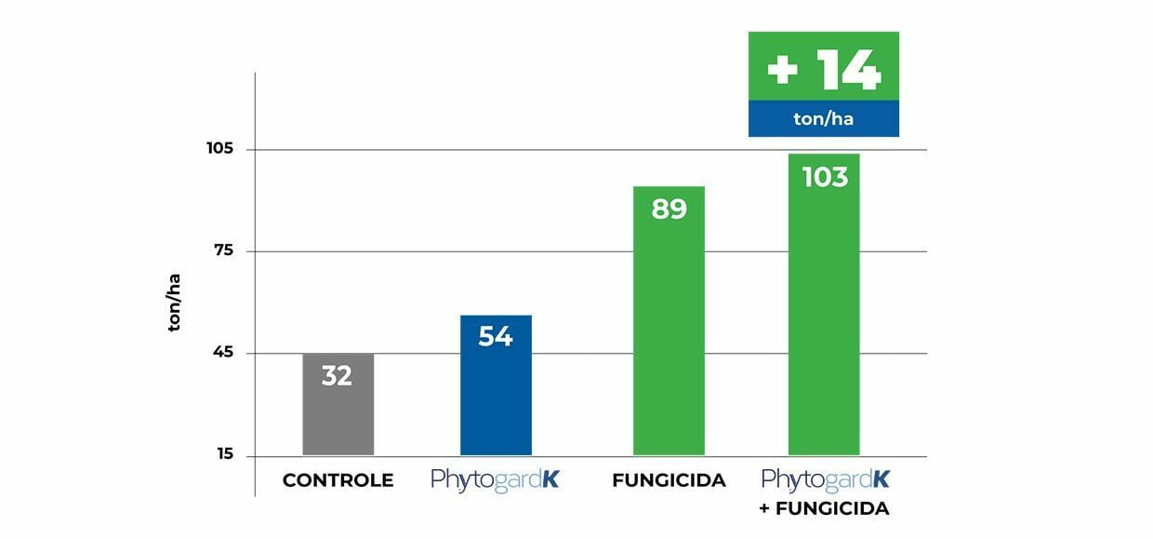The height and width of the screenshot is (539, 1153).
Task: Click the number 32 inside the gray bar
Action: click(337, 376)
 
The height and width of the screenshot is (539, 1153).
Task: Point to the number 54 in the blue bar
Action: click(496, 336)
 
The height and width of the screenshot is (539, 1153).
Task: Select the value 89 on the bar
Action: click(669, 209)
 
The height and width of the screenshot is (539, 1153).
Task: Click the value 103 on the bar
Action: click(824, 176)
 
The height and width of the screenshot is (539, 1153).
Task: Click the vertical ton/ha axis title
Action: click(174, 303)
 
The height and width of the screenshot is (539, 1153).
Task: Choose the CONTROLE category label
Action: click(338, 480)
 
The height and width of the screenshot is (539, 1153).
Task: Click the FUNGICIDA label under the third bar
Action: click(669, 480)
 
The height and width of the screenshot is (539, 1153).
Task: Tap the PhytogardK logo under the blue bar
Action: click(495, 480)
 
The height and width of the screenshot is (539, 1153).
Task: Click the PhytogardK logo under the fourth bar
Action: click(825, 479)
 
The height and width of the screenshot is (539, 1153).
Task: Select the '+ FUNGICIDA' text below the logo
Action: click(825, 509)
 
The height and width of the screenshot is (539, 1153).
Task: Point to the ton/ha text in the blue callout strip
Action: click(824, 119)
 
